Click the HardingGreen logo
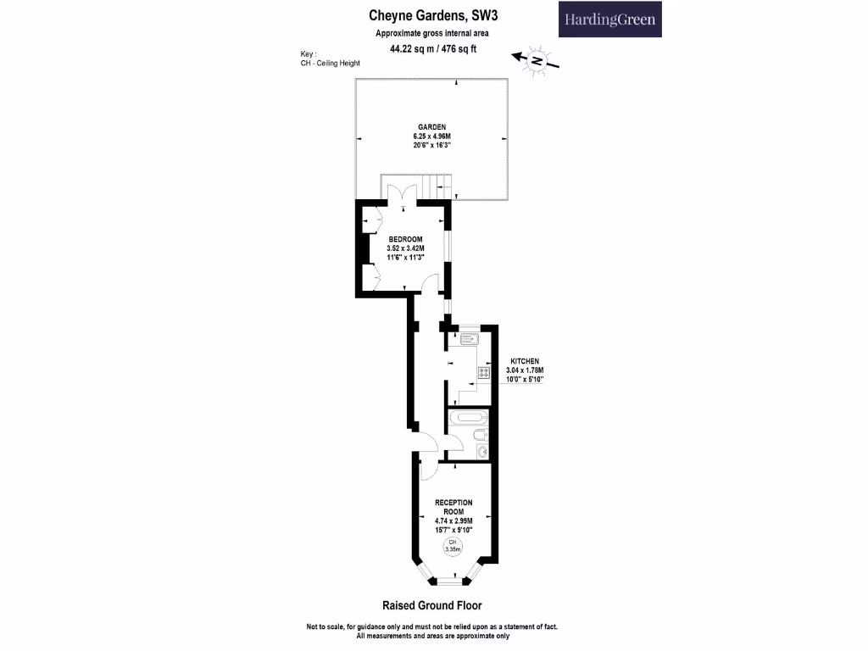(609, 19)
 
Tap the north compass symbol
(536, 60)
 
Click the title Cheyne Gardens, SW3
(426, 14)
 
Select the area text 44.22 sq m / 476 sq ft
(432, 48)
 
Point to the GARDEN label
(431, 126)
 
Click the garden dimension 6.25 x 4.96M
(431, 136)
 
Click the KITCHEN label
(524, 361)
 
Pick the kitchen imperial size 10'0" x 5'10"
(524, 379)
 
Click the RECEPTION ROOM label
(453, 507)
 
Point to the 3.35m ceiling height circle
(453, 546)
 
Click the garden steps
(433, 185)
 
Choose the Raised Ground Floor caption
(432, 605)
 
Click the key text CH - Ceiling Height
(330, 63)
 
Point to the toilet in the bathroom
(481, 436)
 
